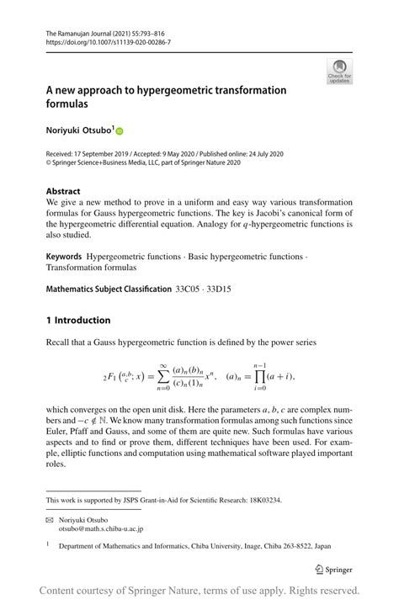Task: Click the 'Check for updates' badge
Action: click(339, 72)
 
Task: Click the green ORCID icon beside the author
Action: click(120, 131)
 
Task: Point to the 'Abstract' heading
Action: click(63, 191)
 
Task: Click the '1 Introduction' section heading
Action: click(78, 320)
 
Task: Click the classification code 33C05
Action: click(191, 289)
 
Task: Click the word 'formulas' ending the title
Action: click(67, 104)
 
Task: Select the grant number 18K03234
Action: click(260, 500)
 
